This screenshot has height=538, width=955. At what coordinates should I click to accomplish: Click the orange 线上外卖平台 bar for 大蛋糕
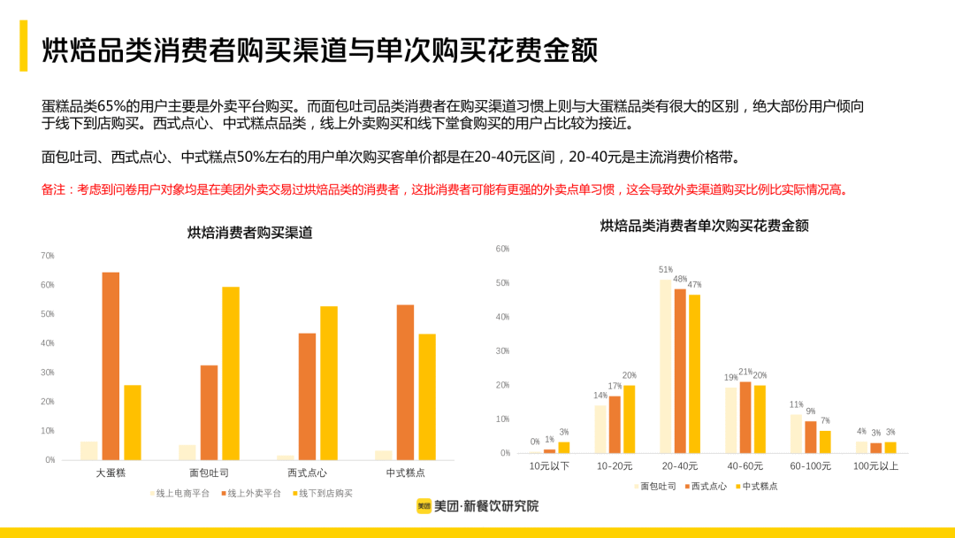pos(111,365)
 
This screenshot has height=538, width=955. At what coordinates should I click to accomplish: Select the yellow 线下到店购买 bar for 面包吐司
pos(231,373)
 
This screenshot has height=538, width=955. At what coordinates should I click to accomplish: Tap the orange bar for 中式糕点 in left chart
pos(406,381)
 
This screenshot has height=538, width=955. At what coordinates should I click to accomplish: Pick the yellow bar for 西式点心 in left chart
pos(329,382)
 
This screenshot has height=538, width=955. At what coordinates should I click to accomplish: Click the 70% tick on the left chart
pos(48,256)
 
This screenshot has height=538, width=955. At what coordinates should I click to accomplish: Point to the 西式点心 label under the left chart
pos(307,473)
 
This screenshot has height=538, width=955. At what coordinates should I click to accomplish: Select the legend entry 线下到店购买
pos(325,493)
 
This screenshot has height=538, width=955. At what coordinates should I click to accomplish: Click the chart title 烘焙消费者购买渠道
pos(249,234)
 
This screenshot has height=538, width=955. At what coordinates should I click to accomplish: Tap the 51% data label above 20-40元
pos(666,270)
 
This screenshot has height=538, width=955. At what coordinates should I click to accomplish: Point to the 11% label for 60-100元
pos(797,405)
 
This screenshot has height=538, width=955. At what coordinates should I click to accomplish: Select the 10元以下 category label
pos(549,466)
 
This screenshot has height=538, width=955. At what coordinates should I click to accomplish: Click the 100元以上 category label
pos(876,466)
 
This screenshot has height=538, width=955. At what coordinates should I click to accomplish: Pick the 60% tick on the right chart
pos(502,250)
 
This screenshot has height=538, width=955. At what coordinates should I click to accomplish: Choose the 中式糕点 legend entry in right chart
pos(760,486)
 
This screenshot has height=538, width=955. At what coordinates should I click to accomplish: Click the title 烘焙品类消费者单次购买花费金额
pos(704,227)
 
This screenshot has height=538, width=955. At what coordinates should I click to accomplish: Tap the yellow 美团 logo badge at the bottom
pos(424,506)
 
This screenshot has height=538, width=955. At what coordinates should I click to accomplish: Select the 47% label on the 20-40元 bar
pos(695,285)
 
